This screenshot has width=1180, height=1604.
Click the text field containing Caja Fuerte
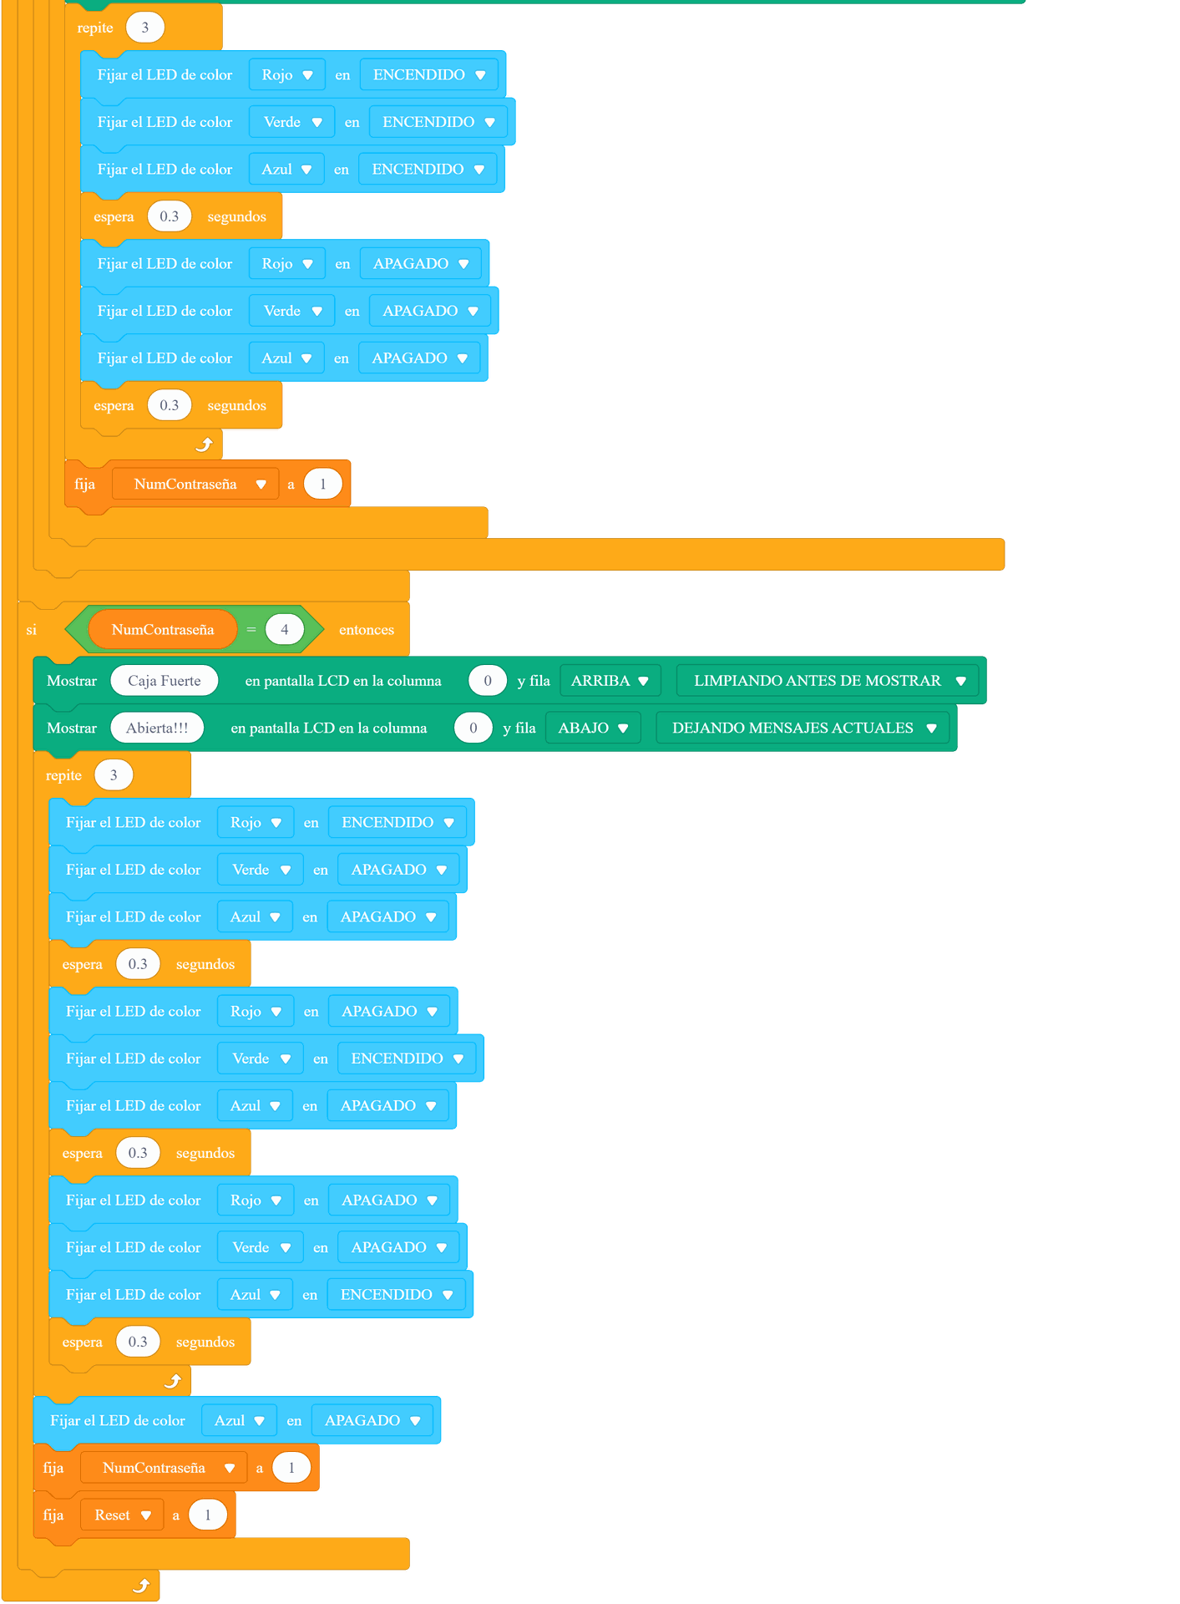pos(165,681)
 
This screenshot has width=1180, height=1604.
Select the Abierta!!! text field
pos(157,728)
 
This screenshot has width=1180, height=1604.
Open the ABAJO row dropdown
pos(593,728)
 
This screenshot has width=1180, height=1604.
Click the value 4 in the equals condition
pos(285,630)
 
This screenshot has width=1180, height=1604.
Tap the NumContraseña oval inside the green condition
pos(163,630)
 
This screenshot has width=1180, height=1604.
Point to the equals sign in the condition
pos(251,630)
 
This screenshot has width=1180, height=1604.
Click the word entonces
pos(367,630)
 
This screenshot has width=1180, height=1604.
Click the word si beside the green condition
pos(32,630)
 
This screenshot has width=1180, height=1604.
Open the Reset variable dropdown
pos(122,1515)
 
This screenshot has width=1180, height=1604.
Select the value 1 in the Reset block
pos(208,1515)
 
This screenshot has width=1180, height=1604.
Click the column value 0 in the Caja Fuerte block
pos(488,681)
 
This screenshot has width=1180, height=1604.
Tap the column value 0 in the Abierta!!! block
pos(474,728)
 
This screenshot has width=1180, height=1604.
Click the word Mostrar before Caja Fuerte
pos(72,681)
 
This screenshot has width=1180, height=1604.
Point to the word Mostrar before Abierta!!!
pos(72,728)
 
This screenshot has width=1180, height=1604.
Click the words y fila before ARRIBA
pos(534,681)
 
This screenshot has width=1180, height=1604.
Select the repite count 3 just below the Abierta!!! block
pos(114,775)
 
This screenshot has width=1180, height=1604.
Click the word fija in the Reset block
pos(53,1515)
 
